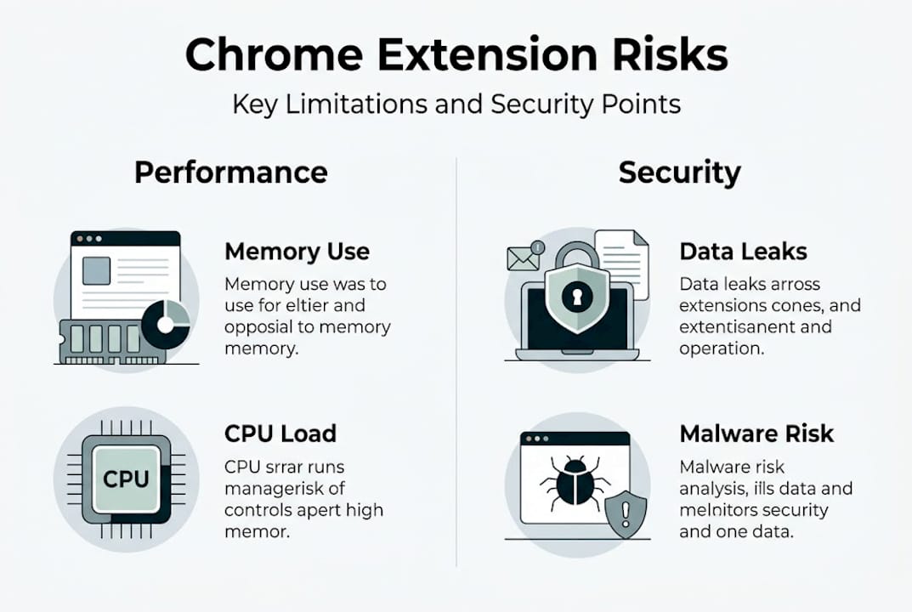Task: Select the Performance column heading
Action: click(x=230, y=173)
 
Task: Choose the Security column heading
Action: click(x=679, y=173)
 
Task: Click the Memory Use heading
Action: click(x=297, y=252)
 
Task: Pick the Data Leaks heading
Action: click(x=743, y=252)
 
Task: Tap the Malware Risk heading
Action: click(x=756, y=433)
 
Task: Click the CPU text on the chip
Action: click(x=126, y=479)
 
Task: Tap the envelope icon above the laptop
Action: click(x=523, y=257)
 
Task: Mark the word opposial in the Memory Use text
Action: click(x=262, y=327)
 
